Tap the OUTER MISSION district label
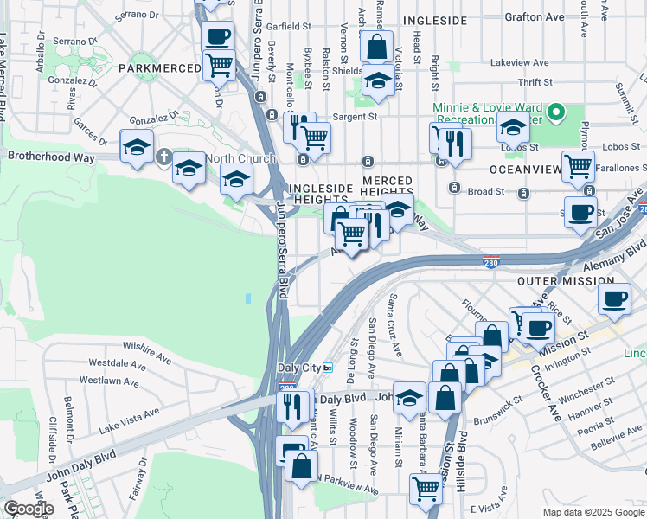point(565,281)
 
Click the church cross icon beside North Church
point(164,157)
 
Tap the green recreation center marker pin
point(557,112)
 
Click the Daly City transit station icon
point(328,368)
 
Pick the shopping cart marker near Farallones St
point(578,166)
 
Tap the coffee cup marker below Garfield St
point(218,36)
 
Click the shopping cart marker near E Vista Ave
point(426,488)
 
